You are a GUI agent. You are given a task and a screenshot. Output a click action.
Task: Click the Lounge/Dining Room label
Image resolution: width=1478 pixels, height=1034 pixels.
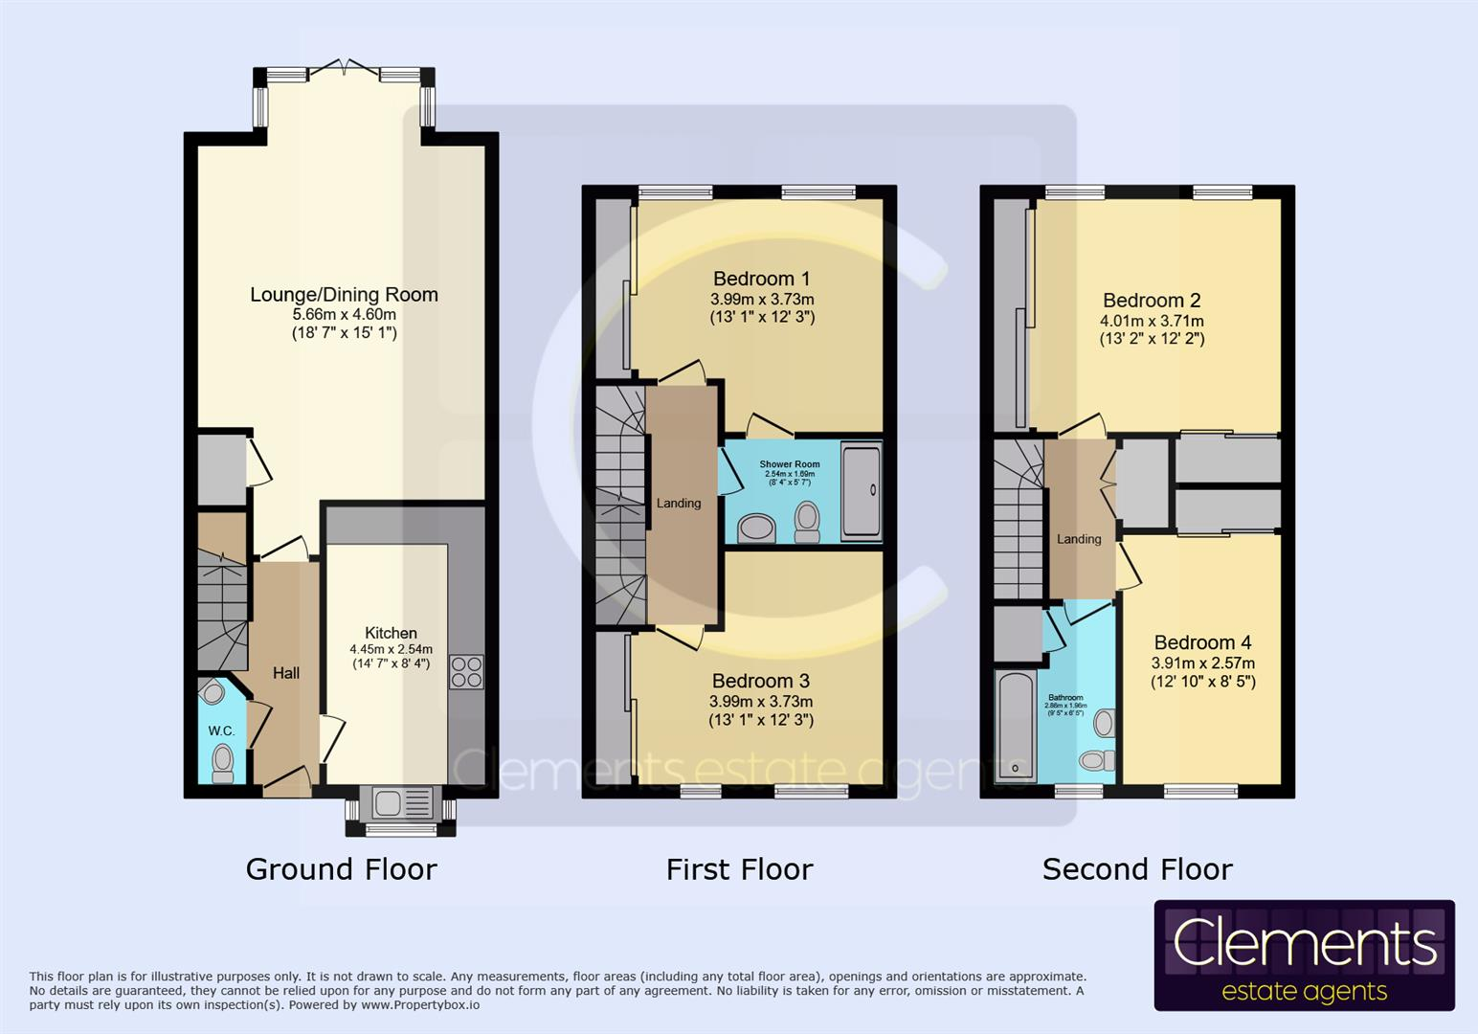344,295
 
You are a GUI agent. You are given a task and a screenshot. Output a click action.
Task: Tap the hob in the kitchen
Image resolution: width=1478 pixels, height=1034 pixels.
466,671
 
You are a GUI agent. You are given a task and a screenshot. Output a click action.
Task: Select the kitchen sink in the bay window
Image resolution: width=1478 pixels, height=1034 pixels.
390,803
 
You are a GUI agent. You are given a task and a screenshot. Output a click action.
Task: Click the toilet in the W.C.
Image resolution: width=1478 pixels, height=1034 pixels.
223,763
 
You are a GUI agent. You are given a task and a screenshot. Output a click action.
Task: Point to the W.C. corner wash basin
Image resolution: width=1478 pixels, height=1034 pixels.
213,692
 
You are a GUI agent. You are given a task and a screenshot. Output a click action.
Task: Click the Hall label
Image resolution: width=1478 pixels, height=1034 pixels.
285,673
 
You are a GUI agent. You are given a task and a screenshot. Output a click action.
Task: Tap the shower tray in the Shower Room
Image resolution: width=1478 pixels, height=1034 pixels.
861,490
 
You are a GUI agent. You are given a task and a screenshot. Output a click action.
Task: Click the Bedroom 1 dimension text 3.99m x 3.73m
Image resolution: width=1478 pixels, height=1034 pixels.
762,300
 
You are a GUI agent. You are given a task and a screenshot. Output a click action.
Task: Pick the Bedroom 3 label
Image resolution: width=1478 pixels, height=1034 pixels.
761,681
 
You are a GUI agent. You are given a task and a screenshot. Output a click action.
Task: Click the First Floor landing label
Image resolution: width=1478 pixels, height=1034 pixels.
679,504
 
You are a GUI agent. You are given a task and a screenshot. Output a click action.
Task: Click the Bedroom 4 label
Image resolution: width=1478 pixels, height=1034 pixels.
1202,642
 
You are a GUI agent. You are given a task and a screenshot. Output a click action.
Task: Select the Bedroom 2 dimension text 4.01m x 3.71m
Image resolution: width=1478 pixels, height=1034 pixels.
1152,322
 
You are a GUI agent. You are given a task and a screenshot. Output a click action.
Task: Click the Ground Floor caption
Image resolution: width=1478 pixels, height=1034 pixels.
341,869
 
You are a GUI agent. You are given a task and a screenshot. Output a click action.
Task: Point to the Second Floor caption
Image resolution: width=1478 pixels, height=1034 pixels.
1137,869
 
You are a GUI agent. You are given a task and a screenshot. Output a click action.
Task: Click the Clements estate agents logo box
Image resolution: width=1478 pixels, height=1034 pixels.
1304,955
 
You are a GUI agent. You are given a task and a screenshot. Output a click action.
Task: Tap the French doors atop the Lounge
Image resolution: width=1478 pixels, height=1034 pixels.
344,70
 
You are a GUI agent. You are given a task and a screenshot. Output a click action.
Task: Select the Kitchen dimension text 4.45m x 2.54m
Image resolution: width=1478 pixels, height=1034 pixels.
391,649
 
